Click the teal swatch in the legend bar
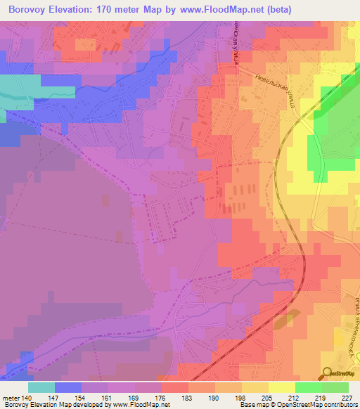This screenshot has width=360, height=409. click(41, 387)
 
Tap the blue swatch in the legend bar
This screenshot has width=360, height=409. click(68, 387)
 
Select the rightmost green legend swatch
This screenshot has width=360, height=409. click(335, 387)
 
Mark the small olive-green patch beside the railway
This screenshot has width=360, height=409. click(283, 320)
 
